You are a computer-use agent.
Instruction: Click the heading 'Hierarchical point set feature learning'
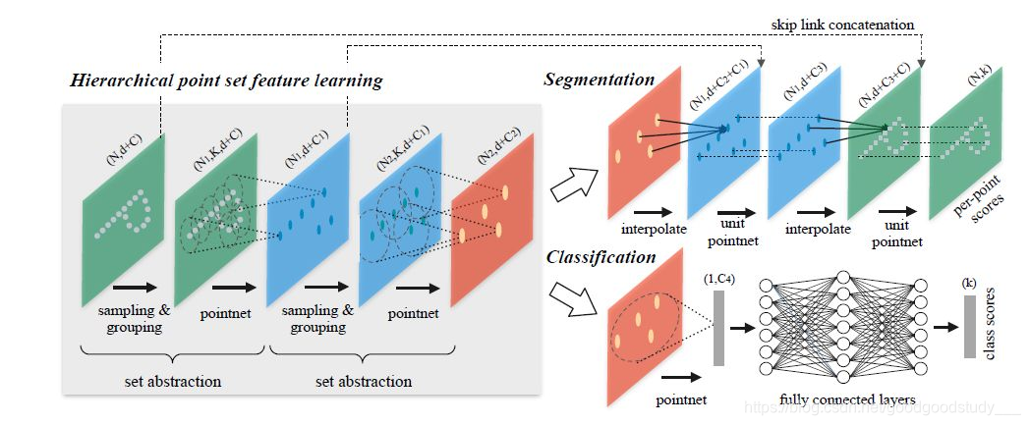point(225,80)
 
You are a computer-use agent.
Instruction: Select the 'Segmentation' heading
point(600,80)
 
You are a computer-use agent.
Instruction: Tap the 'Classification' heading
point(600,257)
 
